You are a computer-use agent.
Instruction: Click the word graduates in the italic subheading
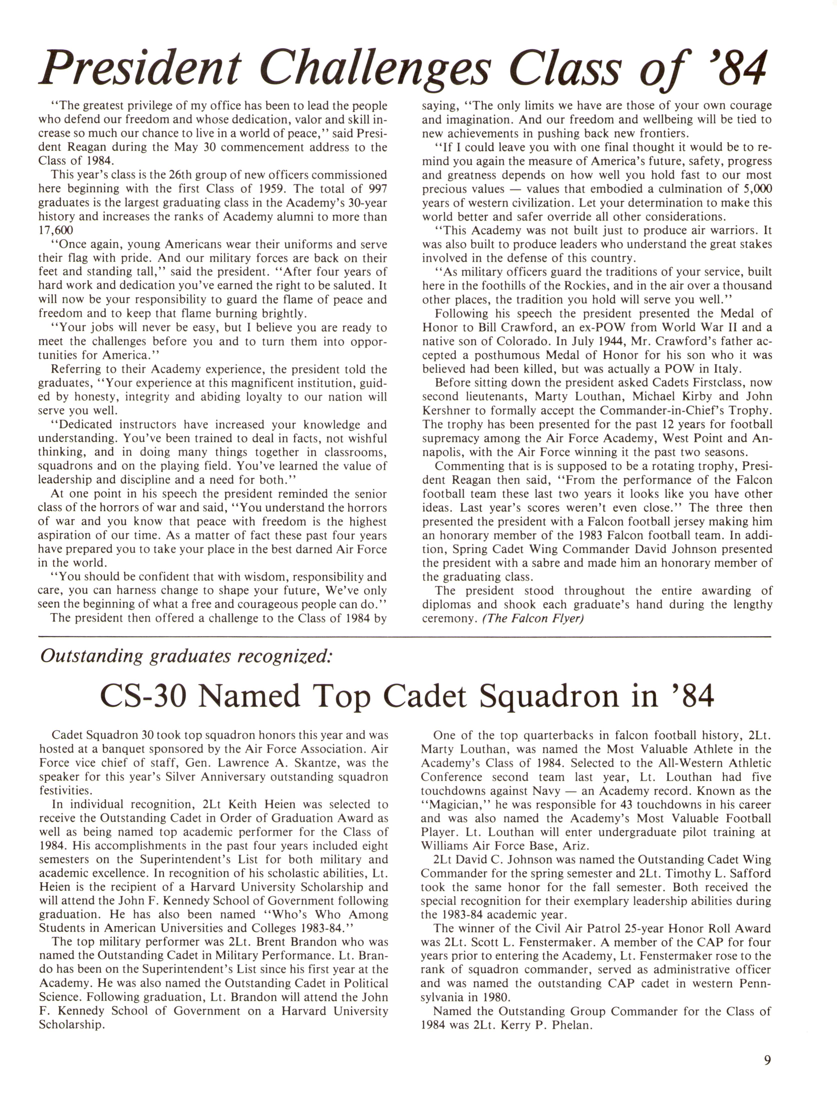click(189, 656)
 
